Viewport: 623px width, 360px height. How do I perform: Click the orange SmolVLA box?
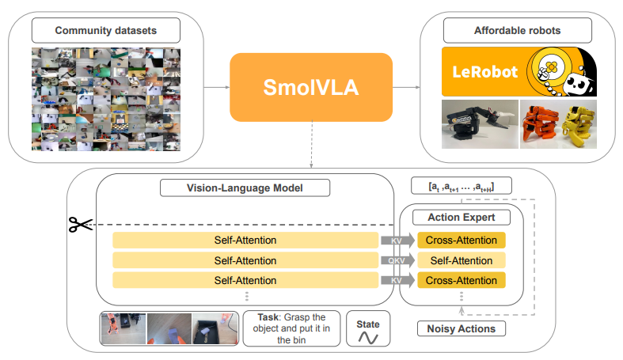tap(311, 87)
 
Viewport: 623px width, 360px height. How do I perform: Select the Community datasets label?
tap(106, 31)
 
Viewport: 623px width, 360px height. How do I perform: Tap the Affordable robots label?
tap(517, 31)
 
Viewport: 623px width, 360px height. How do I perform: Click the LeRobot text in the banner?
tap(484, 72)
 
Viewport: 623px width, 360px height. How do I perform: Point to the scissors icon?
tap(80, 225)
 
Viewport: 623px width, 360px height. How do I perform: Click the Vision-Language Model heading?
tap(245, 188)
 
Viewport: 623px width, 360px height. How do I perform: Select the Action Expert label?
tap(462, 217)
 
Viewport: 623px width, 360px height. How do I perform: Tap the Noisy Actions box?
tap(462, 328)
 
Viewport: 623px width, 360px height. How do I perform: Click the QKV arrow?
tap(397, 260)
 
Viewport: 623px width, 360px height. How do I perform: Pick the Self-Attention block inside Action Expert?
tap(462, 260)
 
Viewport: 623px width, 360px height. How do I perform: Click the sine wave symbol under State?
tap(368, 337)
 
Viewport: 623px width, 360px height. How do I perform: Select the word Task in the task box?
tap(268, 317)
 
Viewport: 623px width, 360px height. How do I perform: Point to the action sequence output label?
tap(462, 186)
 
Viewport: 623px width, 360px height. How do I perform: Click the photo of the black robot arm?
tap(480, 124)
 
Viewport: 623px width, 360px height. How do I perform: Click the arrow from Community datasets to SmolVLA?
tap(217, 87)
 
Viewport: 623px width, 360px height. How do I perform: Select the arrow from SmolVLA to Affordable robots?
tap(406, 87)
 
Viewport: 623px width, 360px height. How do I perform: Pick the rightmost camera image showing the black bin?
tap(215, 328)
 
